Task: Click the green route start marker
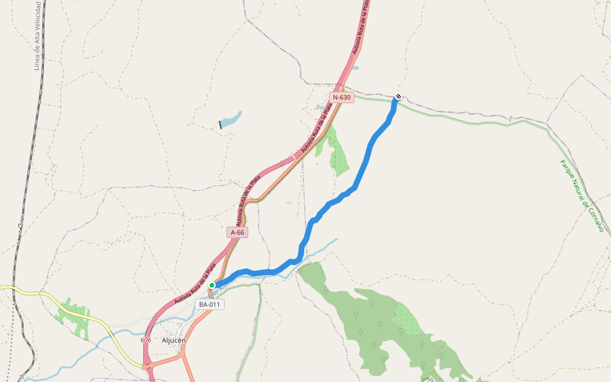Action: pos(212,285)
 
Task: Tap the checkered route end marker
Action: pos(398,97)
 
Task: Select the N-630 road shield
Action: pos(341,97)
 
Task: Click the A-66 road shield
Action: pos(237,232)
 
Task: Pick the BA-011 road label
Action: pos(209,304)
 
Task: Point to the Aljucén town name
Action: pos(174,340)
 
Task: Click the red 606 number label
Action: pos(146,340)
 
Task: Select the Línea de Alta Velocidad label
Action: pos(38,36)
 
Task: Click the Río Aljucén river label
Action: pos(224,285)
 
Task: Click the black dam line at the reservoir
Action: pos(221,124)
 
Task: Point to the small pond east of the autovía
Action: pos(355,67)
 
